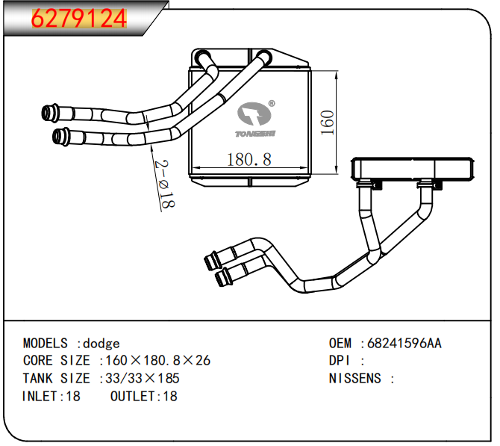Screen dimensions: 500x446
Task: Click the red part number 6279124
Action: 79,19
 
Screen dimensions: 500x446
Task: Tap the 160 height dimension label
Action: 328,123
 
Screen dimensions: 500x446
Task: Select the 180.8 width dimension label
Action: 249,159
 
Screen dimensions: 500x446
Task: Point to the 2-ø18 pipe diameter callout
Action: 165,185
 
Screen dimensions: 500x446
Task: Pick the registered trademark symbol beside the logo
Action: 272,103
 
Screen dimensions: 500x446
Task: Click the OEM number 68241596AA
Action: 404,343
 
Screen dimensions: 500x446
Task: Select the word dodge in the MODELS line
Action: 101,344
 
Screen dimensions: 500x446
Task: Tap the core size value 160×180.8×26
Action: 158,361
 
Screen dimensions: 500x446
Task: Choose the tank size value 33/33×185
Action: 143,379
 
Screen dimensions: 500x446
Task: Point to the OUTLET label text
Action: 132,397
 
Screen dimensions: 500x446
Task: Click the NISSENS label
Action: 355,379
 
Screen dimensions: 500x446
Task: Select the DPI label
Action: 340,361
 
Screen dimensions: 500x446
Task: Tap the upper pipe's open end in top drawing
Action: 47,113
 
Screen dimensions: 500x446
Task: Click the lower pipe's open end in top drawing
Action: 57,137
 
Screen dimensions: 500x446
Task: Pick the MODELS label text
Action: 46,343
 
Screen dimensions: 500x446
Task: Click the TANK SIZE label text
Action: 57,379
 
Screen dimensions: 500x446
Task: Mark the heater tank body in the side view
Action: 412,169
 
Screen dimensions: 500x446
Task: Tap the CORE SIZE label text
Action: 57,361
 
